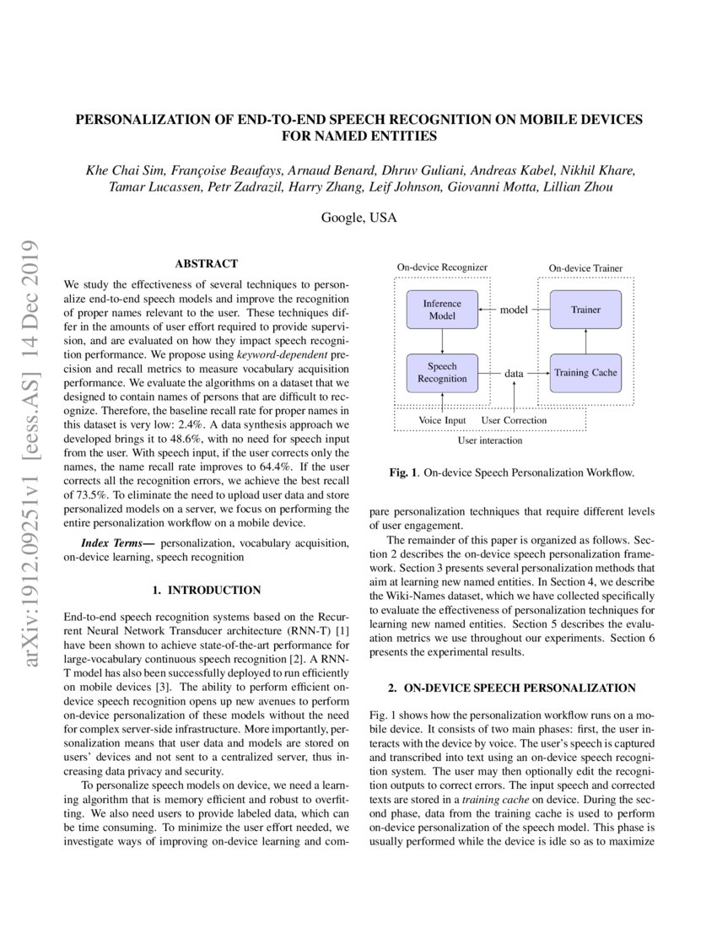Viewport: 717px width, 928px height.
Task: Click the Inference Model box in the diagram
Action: point(442,310)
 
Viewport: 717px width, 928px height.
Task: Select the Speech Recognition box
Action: point(442,372)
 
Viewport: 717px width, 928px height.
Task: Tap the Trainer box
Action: point(585,310)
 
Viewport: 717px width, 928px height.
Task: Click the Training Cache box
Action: point(585,372)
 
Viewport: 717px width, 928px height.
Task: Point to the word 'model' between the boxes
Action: point(514,310)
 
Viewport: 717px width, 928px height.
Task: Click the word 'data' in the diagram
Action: point(514,372)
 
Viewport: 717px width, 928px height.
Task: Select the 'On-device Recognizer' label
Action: point(442,267)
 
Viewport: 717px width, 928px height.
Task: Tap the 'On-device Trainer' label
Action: point(585,268)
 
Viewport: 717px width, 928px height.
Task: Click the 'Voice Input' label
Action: point(442,419)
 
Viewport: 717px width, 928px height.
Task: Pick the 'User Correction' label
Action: point(514,419)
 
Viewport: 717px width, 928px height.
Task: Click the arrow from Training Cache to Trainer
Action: point(585,342)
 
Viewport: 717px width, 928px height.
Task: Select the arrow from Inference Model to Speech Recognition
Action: point(442,341)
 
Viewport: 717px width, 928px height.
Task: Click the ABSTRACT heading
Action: point(206,264)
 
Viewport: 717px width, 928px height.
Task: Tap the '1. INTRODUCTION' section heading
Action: point(206,590)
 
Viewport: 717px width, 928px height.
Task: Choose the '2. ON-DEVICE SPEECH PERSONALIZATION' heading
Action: point(513,688)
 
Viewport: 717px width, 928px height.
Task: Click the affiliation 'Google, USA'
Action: point(358,217)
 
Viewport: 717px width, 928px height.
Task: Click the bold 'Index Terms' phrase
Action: point(117,542)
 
